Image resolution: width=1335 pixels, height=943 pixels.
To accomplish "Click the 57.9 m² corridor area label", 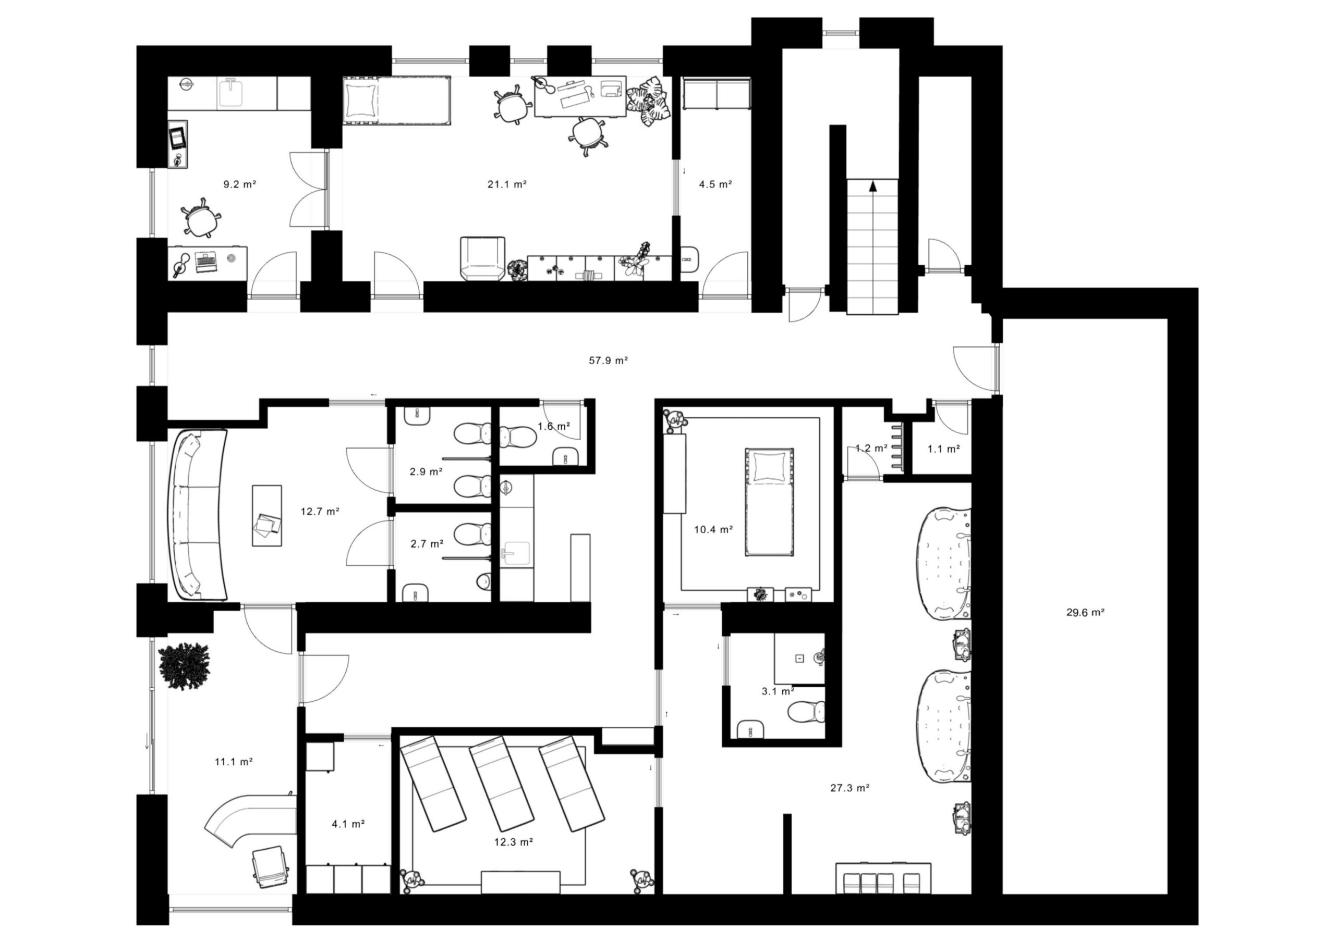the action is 608,360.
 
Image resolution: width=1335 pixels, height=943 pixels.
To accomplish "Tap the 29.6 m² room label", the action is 1085,612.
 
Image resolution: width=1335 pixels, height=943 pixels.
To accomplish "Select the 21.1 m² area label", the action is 507,184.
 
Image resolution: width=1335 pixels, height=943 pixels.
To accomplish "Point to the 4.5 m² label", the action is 715,184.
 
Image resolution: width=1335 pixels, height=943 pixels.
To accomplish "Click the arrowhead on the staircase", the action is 872,187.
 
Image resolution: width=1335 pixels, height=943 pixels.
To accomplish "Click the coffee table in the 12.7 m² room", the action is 267,515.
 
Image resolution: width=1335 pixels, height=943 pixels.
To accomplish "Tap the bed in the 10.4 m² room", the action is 769,502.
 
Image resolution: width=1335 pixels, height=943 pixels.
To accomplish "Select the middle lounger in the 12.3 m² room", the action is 502,783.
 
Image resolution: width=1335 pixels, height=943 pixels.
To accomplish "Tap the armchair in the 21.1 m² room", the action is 482,258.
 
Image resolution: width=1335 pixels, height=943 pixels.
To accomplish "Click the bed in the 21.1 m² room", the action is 396,101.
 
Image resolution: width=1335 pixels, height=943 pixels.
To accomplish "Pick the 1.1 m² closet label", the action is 943,449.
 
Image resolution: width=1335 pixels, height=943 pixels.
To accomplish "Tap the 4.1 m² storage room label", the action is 348,823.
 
